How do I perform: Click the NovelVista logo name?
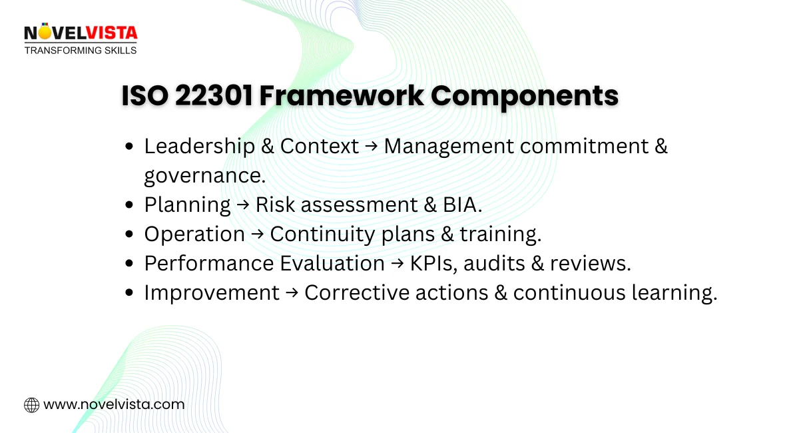[81, 32]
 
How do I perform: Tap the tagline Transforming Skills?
[81, 50]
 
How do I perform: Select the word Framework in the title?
[341, 97]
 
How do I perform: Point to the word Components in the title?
[525, 97]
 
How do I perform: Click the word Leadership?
[199, 147]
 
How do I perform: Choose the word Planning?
[187, 205]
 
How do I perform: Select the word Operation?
[194, 234]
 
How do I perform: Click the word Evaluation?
[332, 263]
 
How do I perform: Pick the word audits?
[495, 263]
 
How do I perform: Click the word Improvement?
[212, 292]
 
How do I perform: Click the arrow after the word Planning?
[243, 205]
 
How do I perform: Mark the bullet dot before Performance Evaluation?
[130, 264]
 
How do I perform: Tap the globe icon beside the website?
[31, 404]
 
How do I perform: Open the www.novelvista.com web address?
[114, 404]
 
